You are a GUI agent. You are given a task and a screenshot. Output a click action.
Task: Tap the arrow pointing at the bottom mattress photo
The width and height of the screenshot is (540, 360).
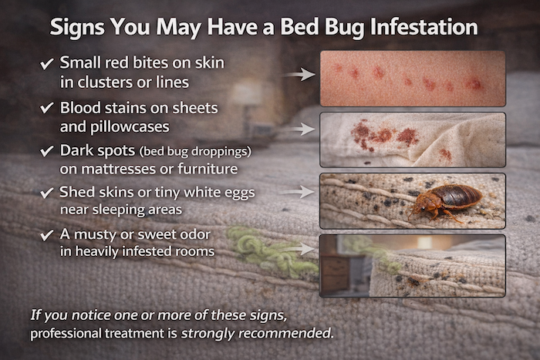click(304, 249)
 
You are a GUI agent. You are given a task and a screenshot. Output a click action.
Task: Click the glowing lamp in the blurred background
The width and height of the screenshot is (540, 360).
click(246, 96)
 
